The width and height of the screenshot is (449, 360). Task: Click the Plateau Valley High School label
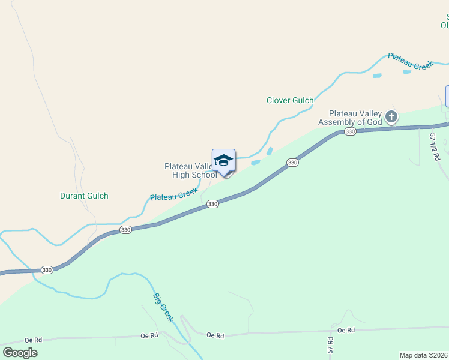coord(190,170)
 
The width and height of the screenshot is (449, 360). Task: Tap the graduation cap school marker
coord(223,161)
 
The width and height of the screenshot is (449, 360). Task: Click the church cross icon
coord(391,116)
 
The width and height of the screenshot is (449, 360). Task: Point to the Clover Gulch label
coord(290,101)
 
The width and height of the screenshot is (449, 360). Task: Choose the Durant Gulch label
coord(84,196)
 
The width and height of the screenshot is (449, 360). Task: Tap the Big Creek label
coord(163,308)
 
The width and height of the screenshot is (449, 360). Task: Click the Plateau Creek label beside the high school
coord(173,195)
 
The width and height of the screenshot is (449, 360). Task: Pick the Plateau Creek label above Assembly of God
coord(410,61)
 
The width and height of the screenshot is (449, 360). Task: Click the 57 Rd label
coord(331,344)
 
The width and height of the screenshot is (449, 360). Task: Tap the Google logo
coord(20,353)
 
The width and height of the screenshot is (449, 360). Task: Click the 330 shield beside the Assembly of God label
coord(351,131)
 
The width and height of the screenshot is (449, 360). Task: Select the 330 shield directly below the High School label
coord(212,204)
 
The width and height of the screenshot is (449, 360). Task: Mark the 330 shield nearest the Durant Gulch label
coord(125,230)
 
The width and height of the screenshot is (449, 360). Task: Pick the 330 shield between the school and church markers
coord(292,163)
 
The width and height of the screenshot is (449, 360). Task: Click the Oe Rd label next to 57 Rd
coord(346,330)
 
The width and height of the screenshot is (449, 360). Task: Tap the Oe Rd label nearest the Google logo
coord(34,340)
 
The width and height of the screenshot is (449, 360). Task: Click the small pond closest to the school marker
coord(256,162)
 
